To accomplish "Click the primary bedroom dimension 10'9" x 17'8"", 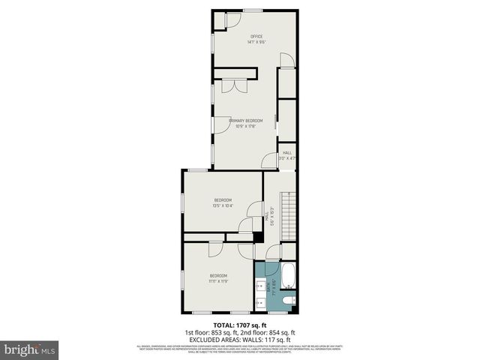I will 245,126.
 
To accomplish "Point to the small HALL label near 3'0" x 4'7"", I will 287,152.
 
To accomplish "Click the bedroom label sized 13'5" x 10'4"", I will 223,199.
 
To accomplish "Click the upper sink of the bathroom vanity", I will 260,284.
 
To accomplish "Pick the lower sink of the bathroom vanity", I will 260,303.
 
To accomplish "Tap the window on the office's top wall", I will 252,10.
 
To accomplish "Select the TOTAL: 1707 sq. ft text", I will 240,325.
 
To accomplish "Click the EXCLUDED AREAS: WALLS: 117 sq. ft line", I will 240,339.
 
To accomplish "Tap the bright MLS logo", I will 30,349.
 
